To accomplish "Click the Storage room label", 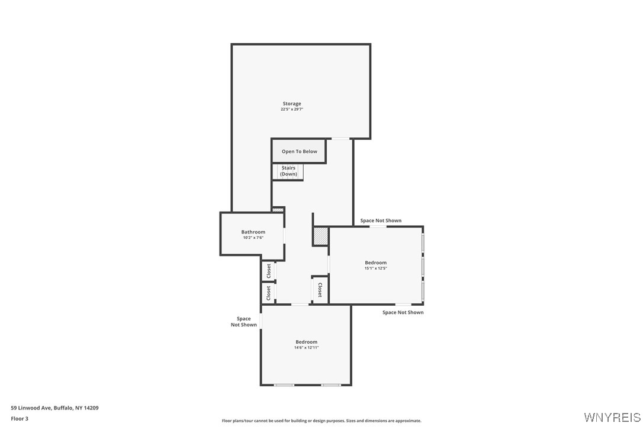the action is tap(291, 104).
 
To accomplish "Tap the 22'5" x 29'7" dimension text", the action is tap(291, 109).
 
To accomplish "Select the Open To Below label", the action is tap(300, 152).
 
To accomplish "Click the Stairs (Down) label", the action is tap(288, 171).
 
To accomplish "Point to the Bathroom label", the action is tap(253, 232).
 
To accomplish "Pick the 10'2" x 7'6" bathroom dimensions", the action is tap(253, 238).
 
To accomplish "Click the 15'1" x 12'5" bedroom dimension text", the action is tap(375, 268).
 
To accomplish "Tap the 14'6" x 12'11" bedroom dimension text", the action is tap(306, 348).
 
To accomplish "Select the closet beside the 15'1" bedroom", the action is tap(320, 290).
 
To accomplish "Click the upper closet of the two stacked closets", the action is tap(269, 271).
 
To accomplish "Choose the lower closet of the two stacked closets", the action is tap(269, 293).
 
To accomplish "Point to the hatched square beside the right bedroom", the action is tap(320, 236).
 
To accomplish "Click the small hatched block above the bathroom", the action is tap(278, 209).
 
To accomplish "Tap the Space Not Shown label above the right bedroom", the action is tap(381, 220).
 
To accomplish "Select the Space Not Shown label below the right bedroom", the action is tap(403, 312).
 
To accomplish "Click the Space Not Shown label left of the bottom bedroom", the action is tap(243, 321).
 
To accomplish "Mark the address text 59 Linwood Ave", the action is tap(31, 408).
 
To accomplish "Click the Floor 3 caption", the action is tap(20, 419).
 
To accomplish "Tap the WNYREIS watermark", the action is tap(612, 418).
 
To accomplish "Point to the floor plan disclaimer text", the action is tap(321, 421).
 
